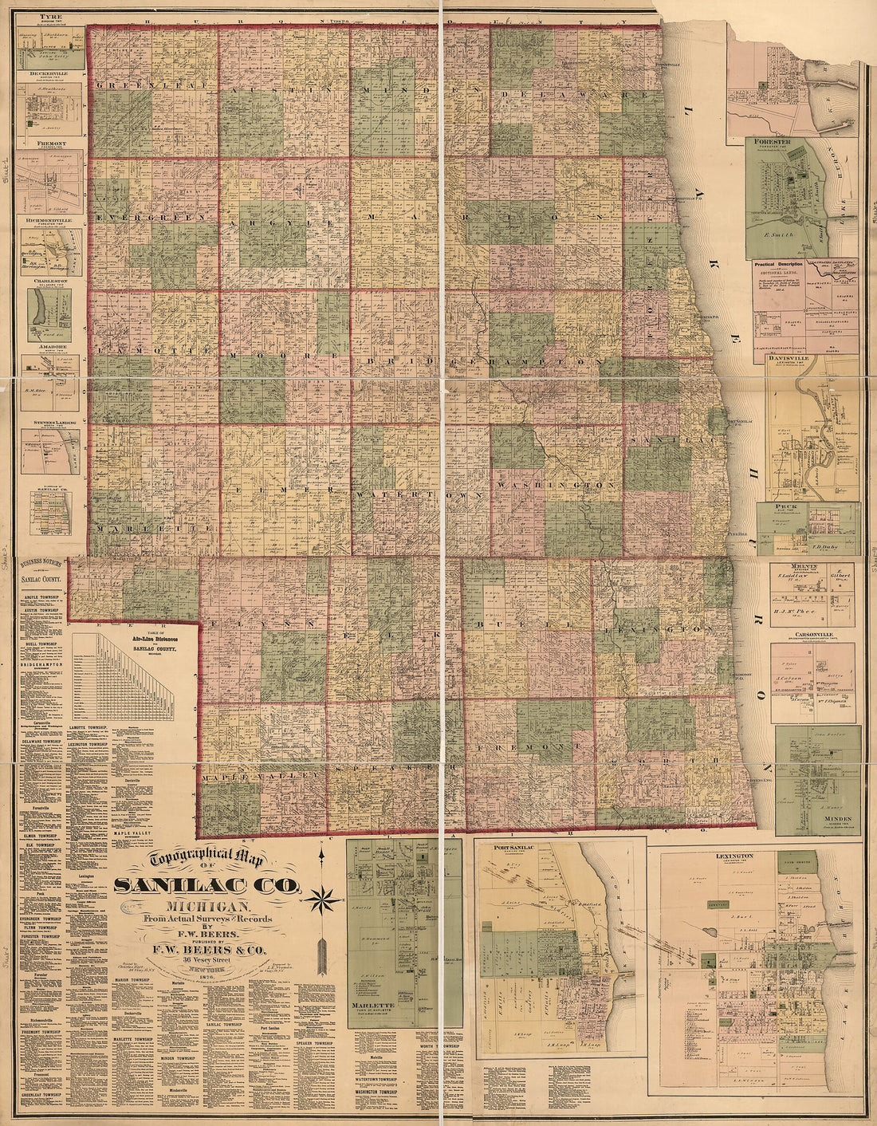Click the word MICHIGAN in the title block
pyautogui.click(x=206, y=907)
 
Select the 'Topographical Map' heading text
pyautogui.click(x=206, y=860)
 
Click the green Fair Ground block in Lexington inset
pyautogui.click(x=797, y=864)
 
